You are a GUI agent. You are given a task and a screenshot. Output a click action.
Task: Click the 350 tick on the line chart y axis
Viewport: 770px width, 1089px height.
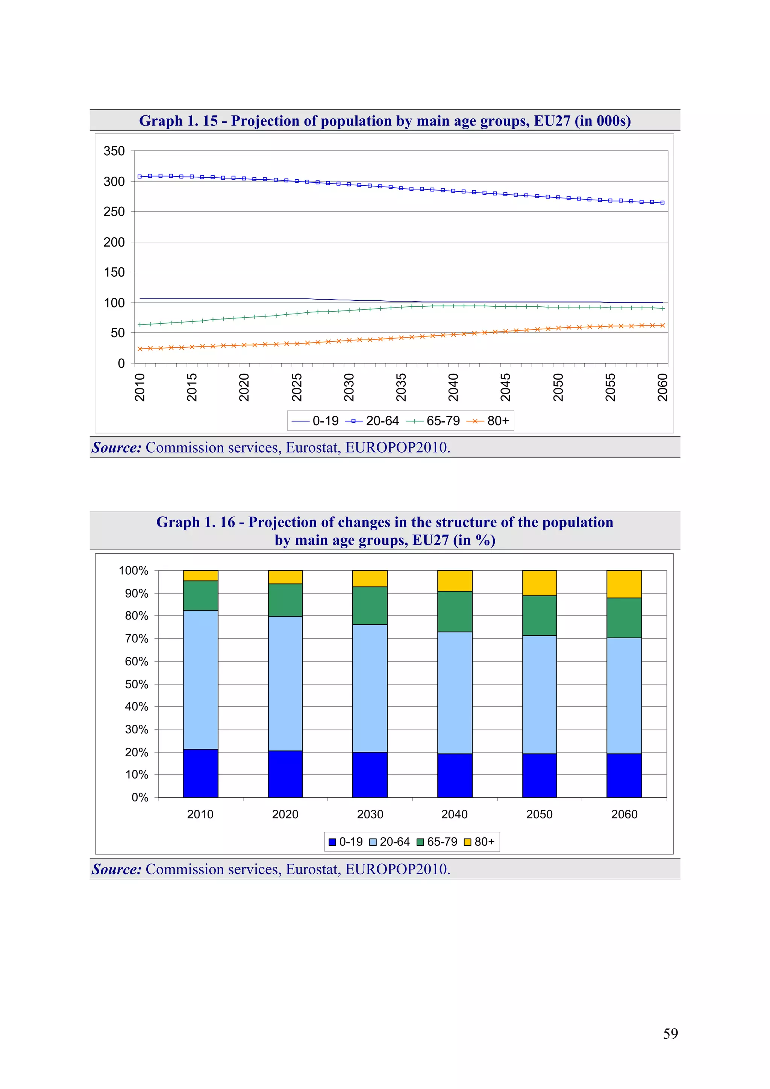pos(114,151)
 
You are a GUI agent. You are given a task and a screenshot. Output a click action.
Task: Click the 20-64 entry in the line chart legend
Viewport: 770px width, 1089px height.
pos(373,421)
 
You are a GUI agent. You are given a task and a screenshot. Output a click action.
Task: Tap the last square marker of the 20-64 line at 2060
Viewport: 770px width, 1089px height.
pos(662,203)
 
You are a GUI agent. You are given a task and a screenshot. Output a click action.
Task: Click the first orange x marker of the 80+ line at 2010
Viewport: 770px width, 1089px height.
pos(140,348)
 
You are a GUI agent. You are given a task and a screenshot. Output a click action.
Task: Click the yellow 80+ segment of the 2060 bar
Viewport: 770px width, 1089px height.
pos(624,584)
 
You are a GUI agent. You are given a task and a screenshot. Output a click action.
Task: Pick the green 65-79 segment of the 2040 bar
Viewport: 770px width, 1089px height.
pos(455,611)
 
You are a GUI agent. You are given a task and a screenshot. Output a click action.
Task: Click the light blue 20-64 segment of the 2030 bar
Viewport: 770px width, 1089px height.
pos(370,688)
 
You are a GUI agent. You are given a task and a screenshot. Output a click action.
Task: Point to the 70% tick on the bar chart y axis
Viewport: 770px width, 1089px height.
pos(136,638)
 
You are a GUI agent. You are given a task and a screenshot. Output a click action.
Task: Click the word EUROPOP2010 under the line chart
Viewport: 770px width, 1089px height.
pos(397,447)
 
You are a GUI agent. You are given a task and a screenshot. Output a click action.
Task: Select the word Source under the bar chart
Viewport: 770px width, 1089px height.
pos(116,869)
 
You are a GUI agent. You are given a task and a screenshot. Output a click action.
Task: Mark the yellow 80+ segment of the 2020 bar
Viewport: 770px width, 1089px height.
pos(285,577)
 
